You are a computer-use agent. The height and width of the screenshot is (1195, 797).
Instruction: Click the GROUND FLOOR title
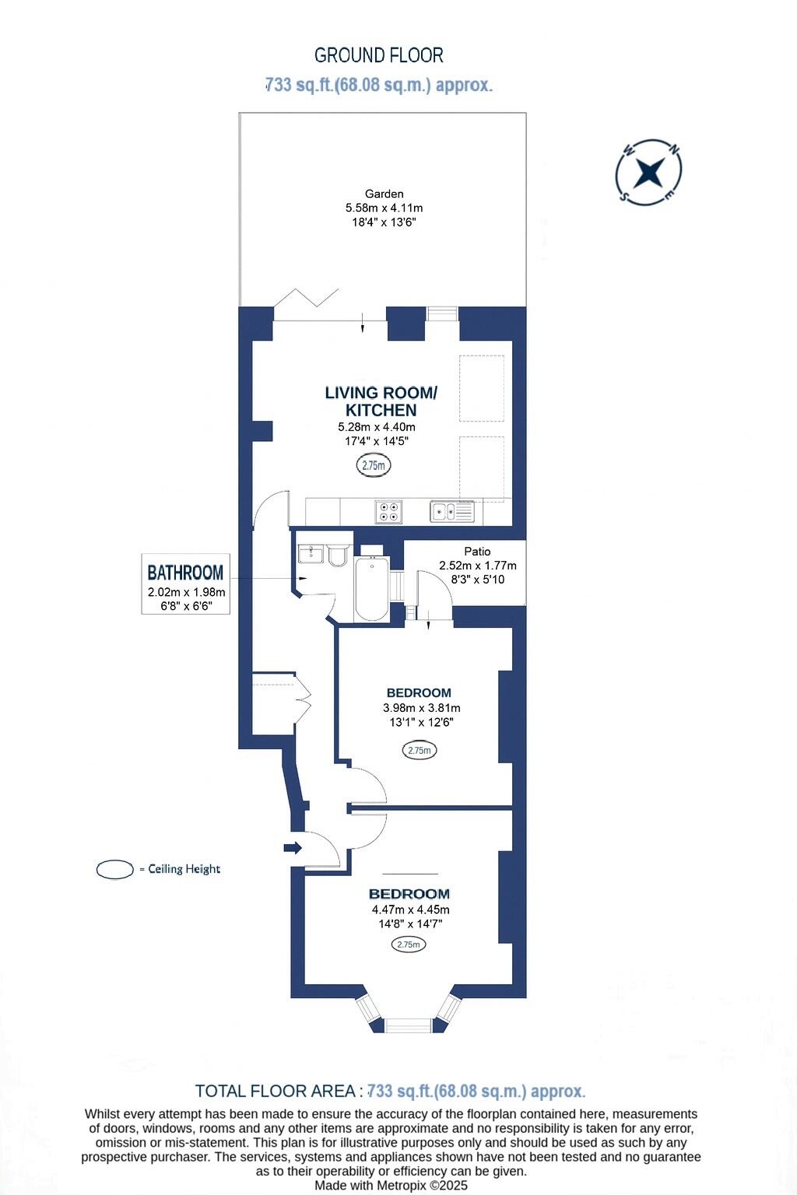click(x=379, y=55)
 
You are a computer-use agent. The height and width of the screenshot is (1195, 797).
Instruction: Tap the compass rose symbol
click(x=648, y=173)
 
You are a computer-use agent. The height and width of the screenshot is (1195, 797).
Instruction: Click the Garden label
click(x=384, y=194)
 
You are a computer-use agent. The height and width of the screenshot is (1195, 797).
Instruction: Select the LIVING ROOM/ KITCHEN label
click(x=381, y=401)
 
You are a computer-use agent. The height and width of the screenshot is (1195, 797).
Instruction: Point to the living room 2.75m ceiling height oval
click(x=374, y=465)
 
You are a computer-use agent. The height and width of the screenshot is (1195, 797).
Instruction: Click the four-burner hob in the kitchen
click(x=388, y=511)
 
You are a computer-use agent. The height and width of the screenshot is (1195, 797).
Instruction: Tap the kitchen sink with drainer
click(x=452, y=511)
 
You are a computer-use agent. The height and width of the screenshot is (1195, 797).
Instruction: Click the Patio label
click(x=477, y=552)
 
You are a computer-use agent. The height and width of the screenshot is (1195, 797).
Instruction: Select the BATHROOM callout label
click(x=185, y=573)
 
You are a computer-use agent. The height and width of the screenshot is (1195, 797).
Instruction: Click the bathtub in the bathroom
click(x=371, y=589)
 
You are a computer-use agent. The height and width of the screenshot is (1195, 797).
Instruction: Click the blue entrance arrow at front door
click(x=293, y=847)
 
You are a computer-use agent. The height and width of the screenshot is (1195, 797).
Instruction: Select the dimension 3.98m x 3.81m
click(x=421, y=708)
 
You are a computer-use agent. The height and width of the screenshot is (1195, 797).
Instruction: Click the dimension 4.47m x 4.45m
click(x=410, y=909)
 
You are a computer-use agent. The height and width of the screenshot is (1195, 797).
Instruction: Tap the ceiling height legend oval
click(x=115, y=869)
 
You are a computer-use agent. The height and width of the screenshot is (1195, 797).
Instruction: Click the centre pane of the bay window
click(x=409, y=1025)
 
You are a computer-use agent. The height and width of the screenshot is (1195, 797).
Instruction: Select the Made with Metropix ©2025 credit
click(x=391, y=1186)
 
